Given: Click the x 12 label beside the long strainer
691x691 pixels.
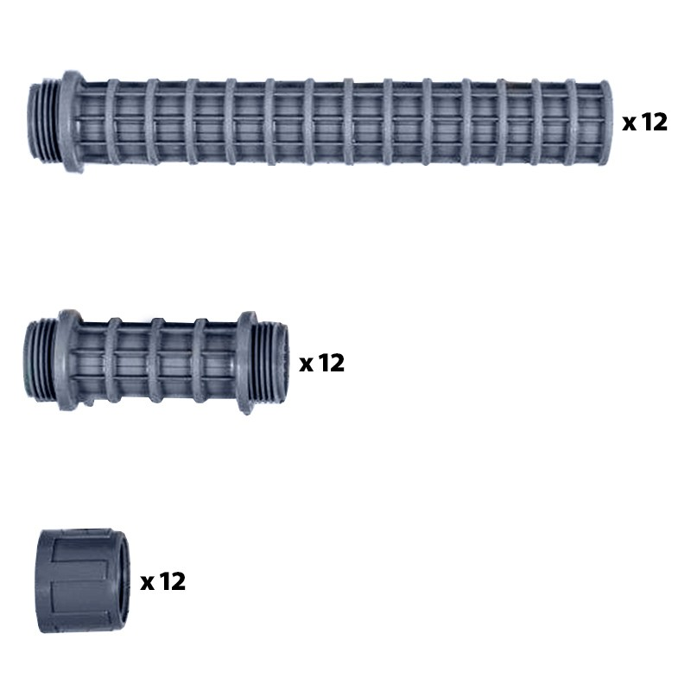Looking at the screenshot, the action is click(x=644, y=122).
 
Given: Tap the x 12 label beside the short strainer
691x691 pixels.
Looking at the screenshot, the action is click(x=321, y=363).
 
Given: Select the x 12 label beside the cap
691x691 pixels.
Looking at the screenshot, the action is click(x=162, y=581).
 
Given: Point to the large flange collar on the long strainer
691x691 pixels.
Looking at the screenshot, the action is click(x=72, y=121).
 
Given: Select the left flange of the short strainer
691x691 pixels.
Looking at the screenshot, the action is click(x=69, y=359).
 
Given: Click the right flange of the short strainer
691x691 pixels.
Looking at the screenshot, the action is click(x=247, y=362).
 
